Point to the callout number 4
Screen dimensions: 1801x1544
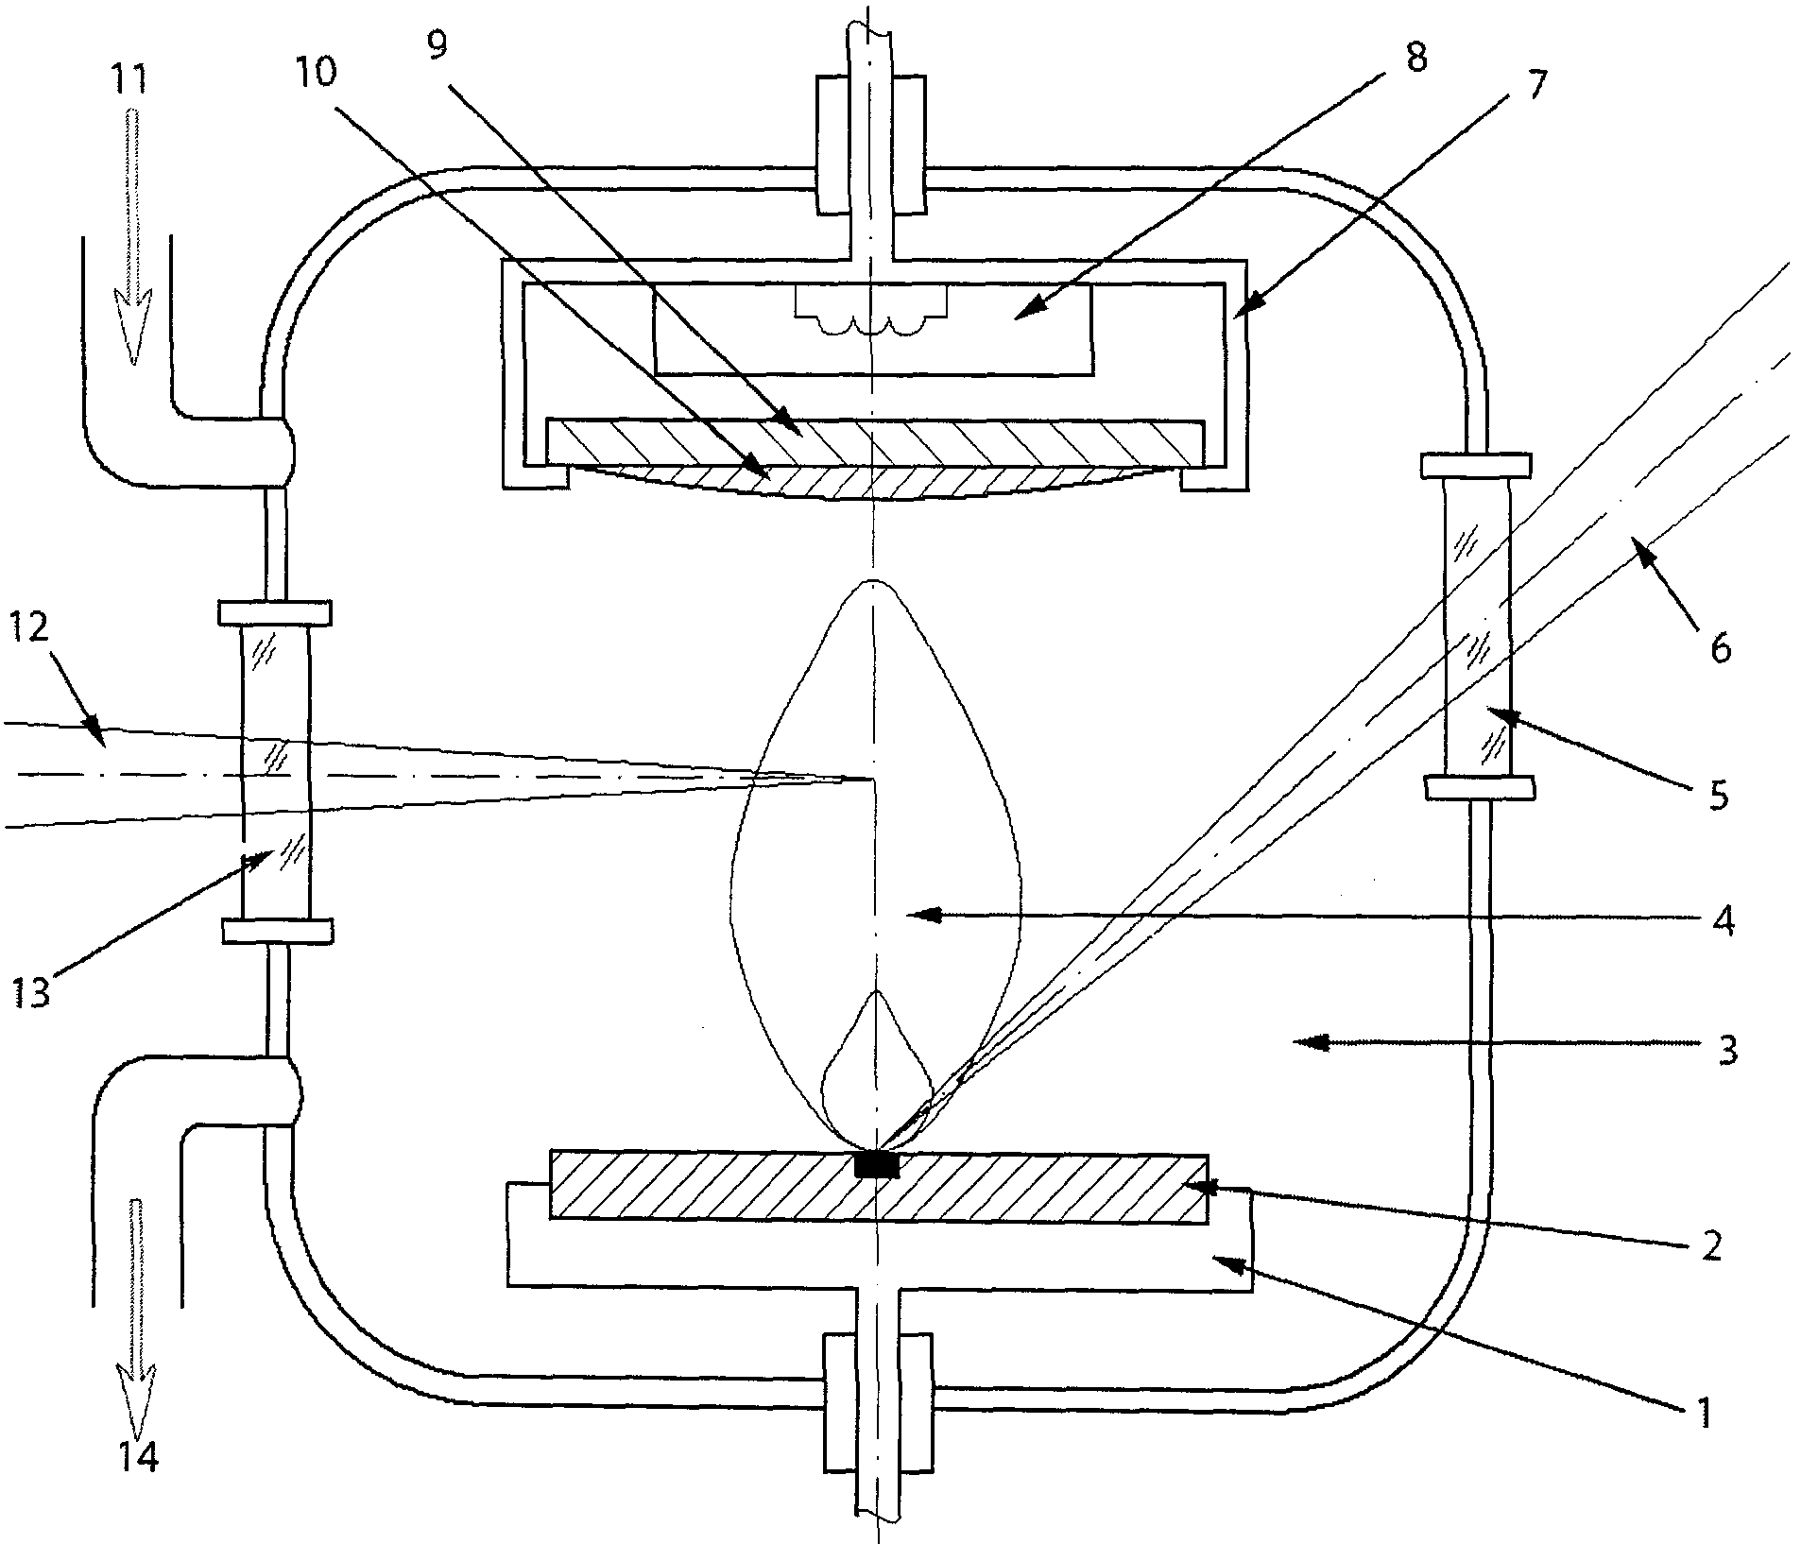(1724, 919)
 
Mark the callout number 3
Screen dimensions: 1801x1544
(1725, 1050)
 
